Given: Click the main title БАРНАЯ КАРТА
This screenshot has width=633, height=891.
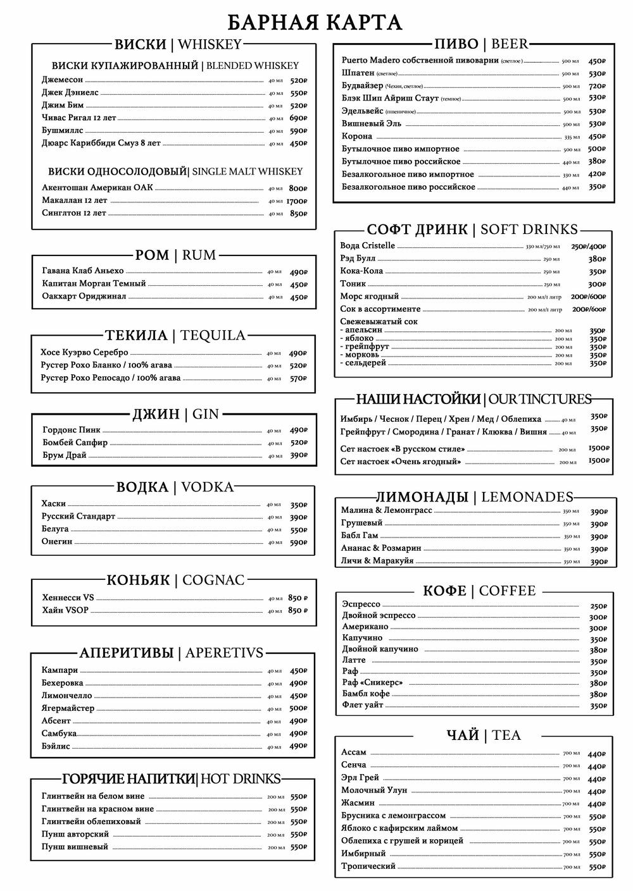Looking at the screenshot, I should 315,23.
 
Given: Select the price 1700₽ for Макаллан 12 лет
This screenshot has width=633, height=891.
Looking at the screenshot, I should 296,201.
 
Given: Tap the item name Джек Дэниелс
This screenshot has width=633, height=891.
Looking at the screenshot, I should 70,92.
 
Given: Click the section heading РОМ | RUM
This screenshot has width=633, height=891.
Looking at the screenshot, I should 175,255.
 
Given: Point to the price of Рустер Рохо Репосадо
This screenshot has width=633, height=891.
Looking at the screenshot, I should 298,378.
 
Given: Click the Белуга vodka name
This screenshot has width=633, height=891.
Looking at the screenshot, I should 55,529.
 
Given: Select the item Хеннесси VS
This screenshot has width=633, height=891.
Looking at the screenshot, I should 67,598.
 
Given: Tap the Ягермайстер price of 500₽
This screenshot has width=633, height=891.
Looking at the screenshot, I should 298,708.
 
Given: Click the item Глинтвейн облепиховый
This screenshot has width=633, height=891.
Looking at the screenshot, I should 91,821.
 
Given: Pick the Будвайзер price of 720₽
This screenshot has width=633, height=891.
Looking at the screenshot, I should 597,86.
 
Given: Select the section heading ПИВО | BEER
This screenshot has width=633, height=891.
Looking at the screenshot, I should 481,44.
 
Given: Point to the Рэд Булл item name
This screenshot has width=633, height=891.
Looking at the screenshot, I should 358,259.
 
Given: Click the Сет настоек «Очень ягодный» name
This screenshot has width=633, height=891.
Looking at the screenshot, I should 400,462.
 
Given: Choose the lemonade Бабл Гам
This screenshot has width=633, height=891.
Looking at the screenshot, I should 359,536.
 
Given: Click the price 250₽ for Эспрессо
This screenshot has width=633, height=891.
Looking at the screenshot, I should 598,606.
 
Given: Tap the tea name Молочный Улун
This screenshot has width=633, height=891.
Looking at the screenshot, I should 374,790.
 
